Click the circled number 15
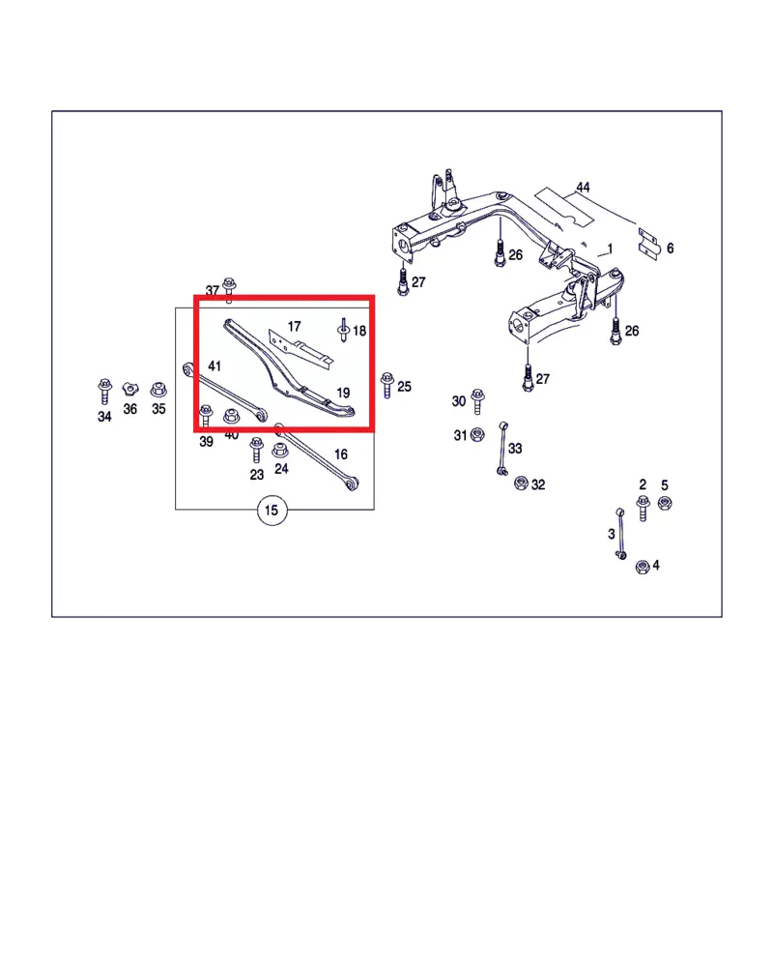[x=272, y=510]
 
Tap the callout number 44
[x=583, y=187]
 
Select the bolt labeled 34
[x=104, y=391]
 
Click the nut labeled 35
[x=158, y=389]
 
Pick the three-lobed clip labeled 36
[x=130, y=389]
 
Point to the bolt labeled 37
[x=229, y=290]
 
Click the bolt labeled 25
[x=387, y=385]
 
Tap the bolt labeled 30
[x=477, y=401]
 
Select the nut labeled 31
[x=476, y=435]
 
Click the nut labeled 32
[x=521, y=483]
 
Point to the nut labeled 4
[x=643, y=566]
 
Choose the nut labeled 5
[x=665, y=503]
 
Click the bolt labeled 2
[x=643, y=509]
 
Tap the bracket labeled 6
[x=647, y=243]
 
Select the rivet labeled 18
[x=343, y=330]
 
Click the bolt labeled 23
[x=256, y=451]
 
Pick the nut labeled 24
[x=280, y=451]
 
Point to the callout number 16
[x=341, y=454]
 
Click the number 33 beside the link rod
[x=515, y=449]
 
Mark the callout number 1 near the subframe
[x=610, y=249]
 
